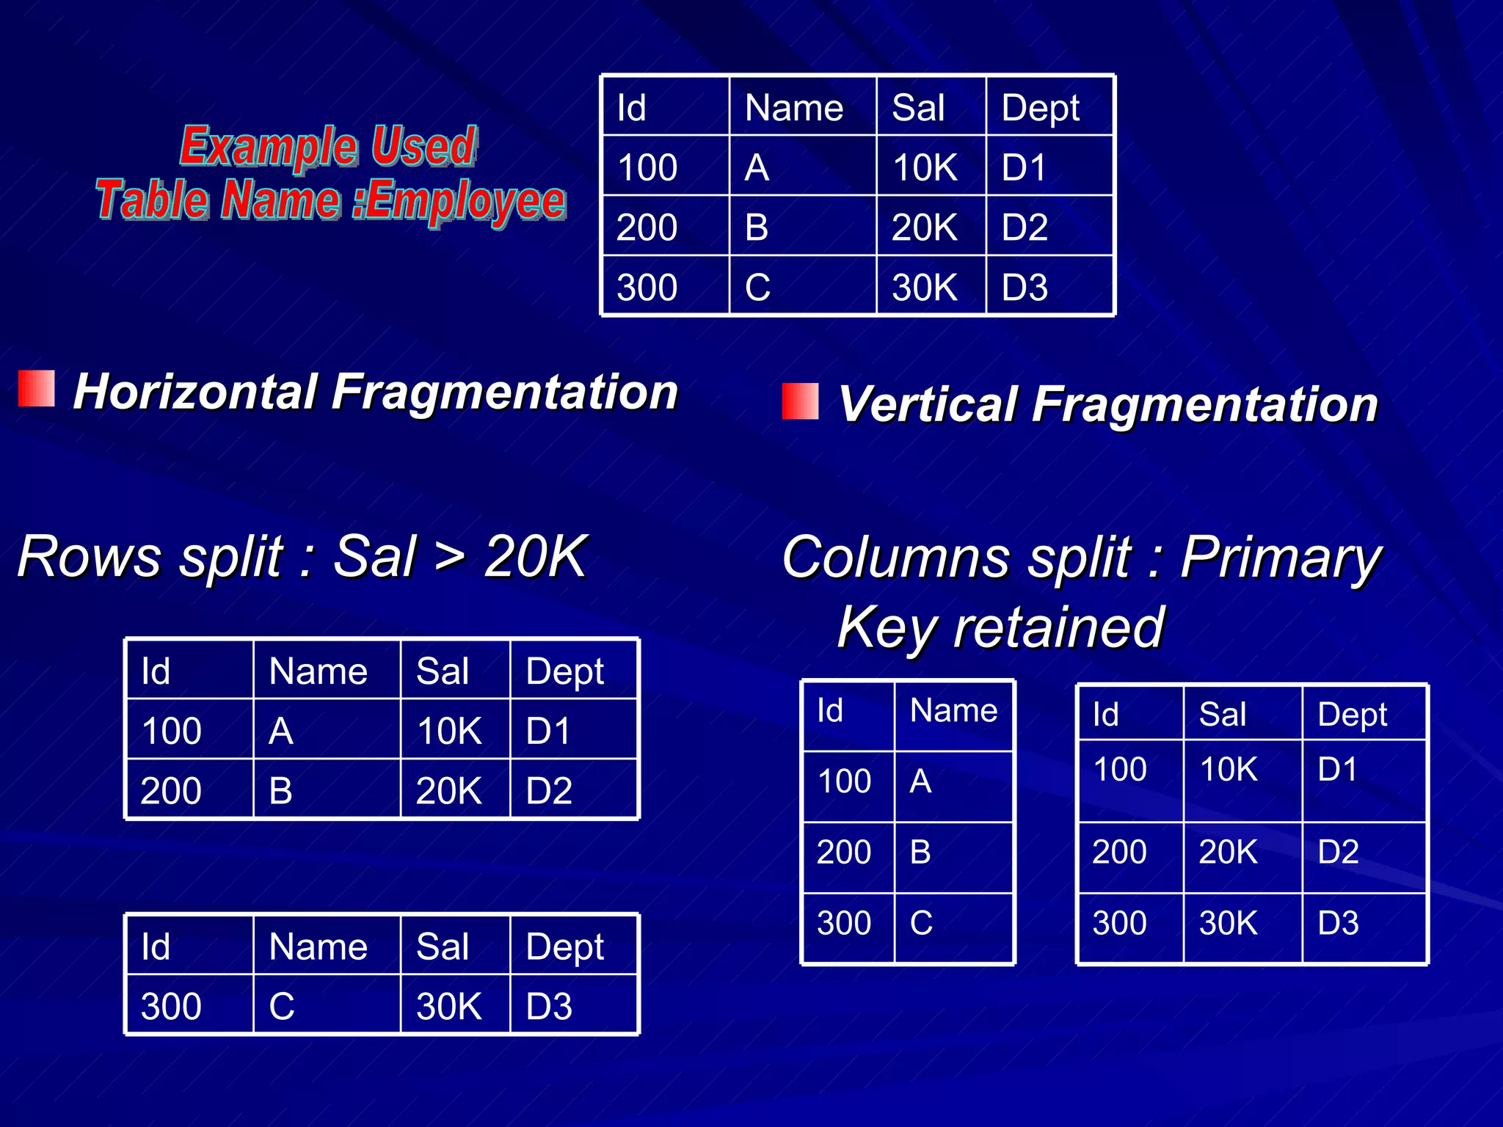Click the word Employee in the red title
point(466,200)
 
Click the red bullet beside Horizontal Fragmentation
point(37,388)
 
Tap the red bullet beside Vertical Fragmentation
point(800,401)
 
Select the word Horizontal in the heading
point(197,391)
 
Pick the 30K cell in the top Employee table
point(925,287)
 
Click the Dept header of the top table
point(1040,108)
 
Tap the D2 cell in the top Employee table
point(1025,227)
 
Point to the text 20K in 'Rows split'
point(536,556)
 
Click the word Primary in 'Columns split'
point(1281,558)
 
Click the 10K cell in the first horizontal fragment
point(449,731)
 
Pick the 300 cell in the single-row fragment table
point(171,1006)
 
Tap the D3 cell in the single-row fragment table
point(549,1006)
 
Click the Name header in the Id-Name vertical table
point(953,710)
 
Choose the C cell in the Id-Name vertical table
point(921,923)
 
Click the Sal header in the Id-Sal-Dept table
point(1222,714)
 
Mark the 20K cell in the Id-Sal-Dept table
point(1228,852)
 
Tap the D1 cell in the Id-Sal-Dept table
point(1337,769)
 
